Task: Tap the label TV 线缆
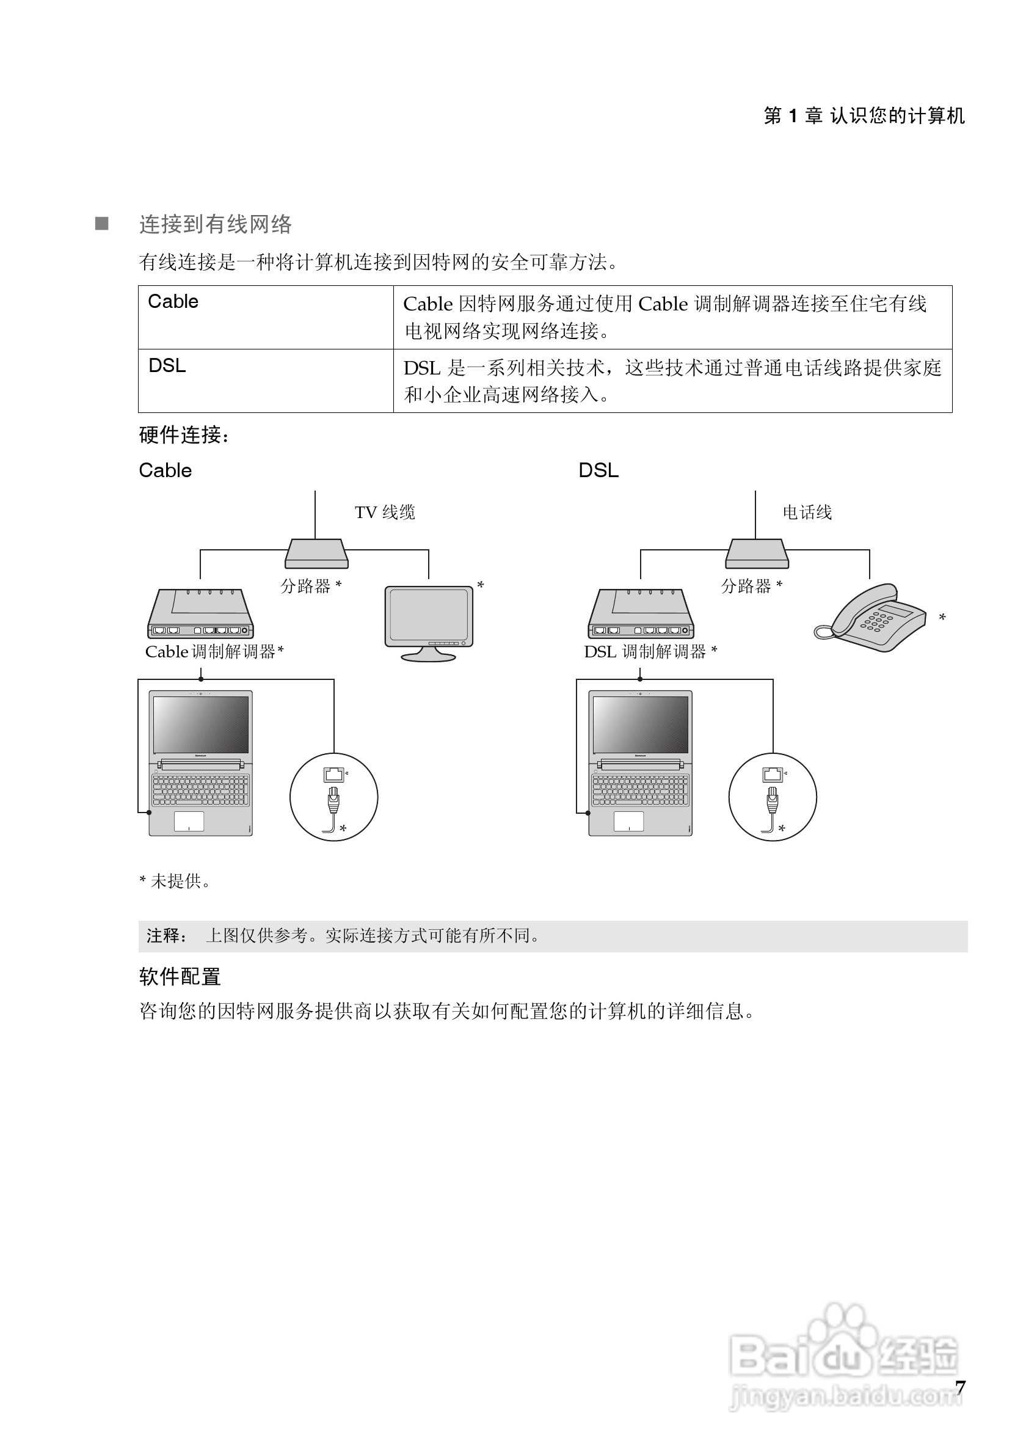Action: point(385,513)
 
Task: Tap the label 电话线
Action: point(807,513)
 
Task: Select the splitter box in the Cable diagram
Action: point(316,553)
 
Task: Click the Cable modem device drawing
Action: point(201,614)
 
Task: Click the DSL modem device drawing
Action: point(641,614)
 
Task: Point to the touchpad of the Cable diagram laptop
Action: point(189,820)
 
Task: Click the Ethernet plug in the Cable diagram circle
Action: point(333,801)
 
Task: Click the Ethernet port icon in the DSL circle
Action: point(772,774)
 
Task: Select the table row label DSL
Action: point(167,366)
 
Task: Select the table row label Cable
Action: point(173,301)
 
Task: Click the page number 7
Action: point(960,1388)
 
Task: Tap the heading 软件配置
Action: point(180,976)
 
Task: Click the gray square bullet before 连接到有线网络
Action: point(102,224)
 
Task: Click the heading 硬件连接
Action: point(184,435)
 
